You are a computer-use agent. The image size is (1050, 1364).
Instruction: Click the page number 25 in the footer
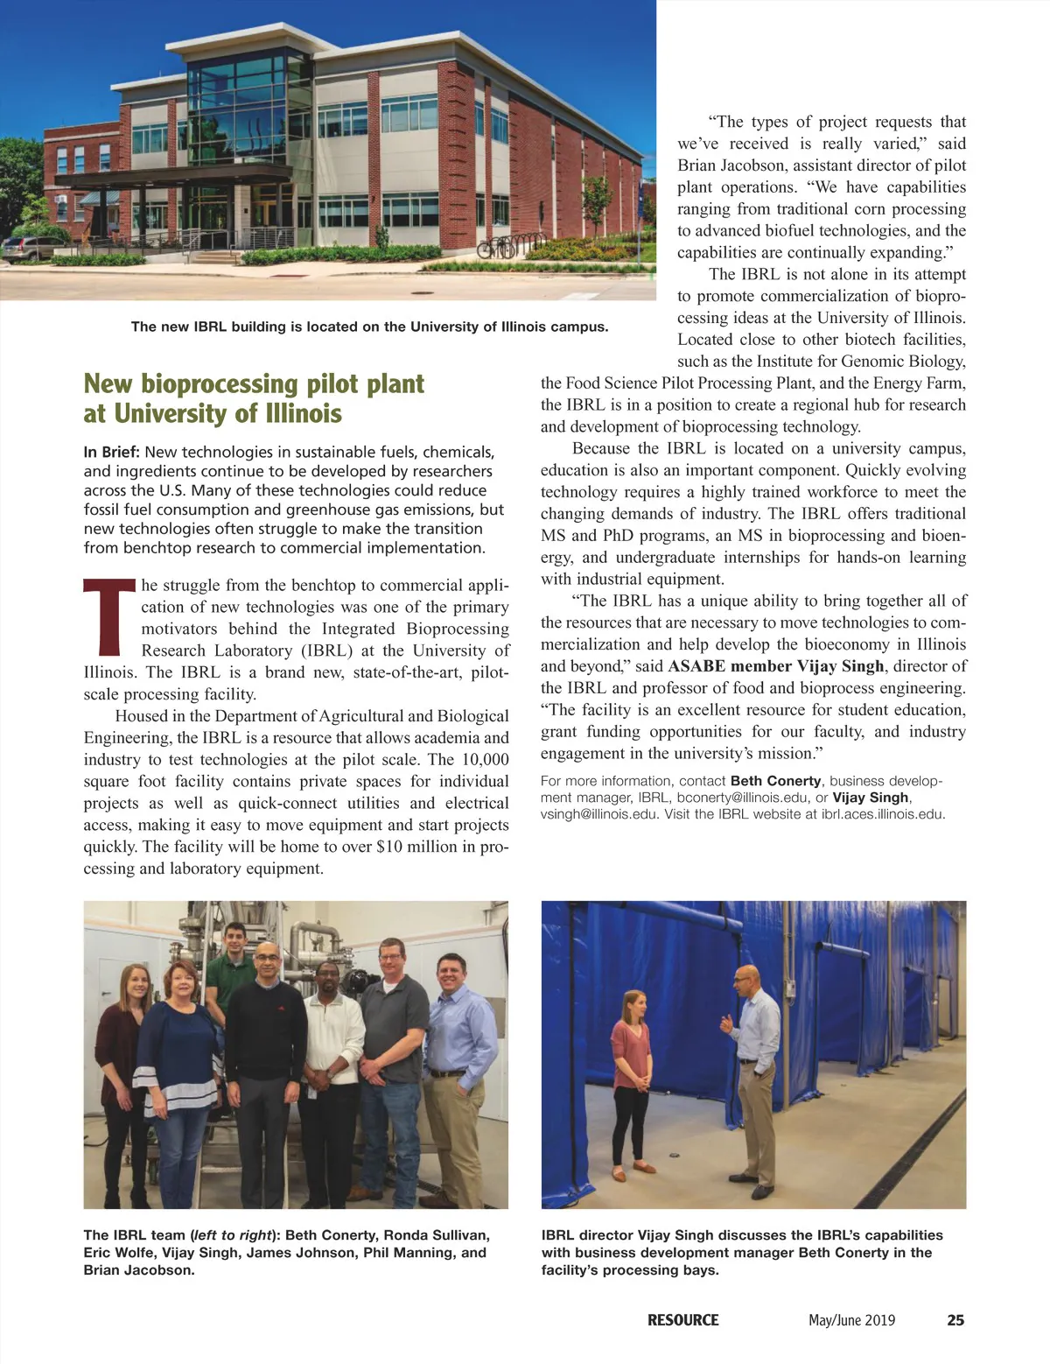pos(955,1320)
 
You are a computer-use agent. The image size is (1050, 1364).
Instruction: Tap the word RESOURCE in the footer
pos(682,1320)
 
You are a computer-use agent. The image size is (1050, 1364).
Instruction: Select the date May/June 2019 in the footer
pos(851,1320)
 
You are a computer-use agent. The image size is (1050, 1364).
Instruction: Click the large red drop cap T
pos(109,617)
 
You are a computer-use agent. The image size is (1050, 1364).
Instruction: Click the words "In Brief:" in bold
pos(112,452)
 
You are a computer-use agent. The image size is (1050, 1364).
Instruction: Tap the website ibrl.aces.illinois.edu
pos(883,814)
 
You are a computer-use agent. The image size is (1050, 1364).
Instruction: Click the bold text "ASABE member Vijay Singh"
pos(775,666)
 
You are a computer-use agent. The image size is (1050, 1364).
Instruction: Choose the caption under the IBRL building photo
pos(369,327)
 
